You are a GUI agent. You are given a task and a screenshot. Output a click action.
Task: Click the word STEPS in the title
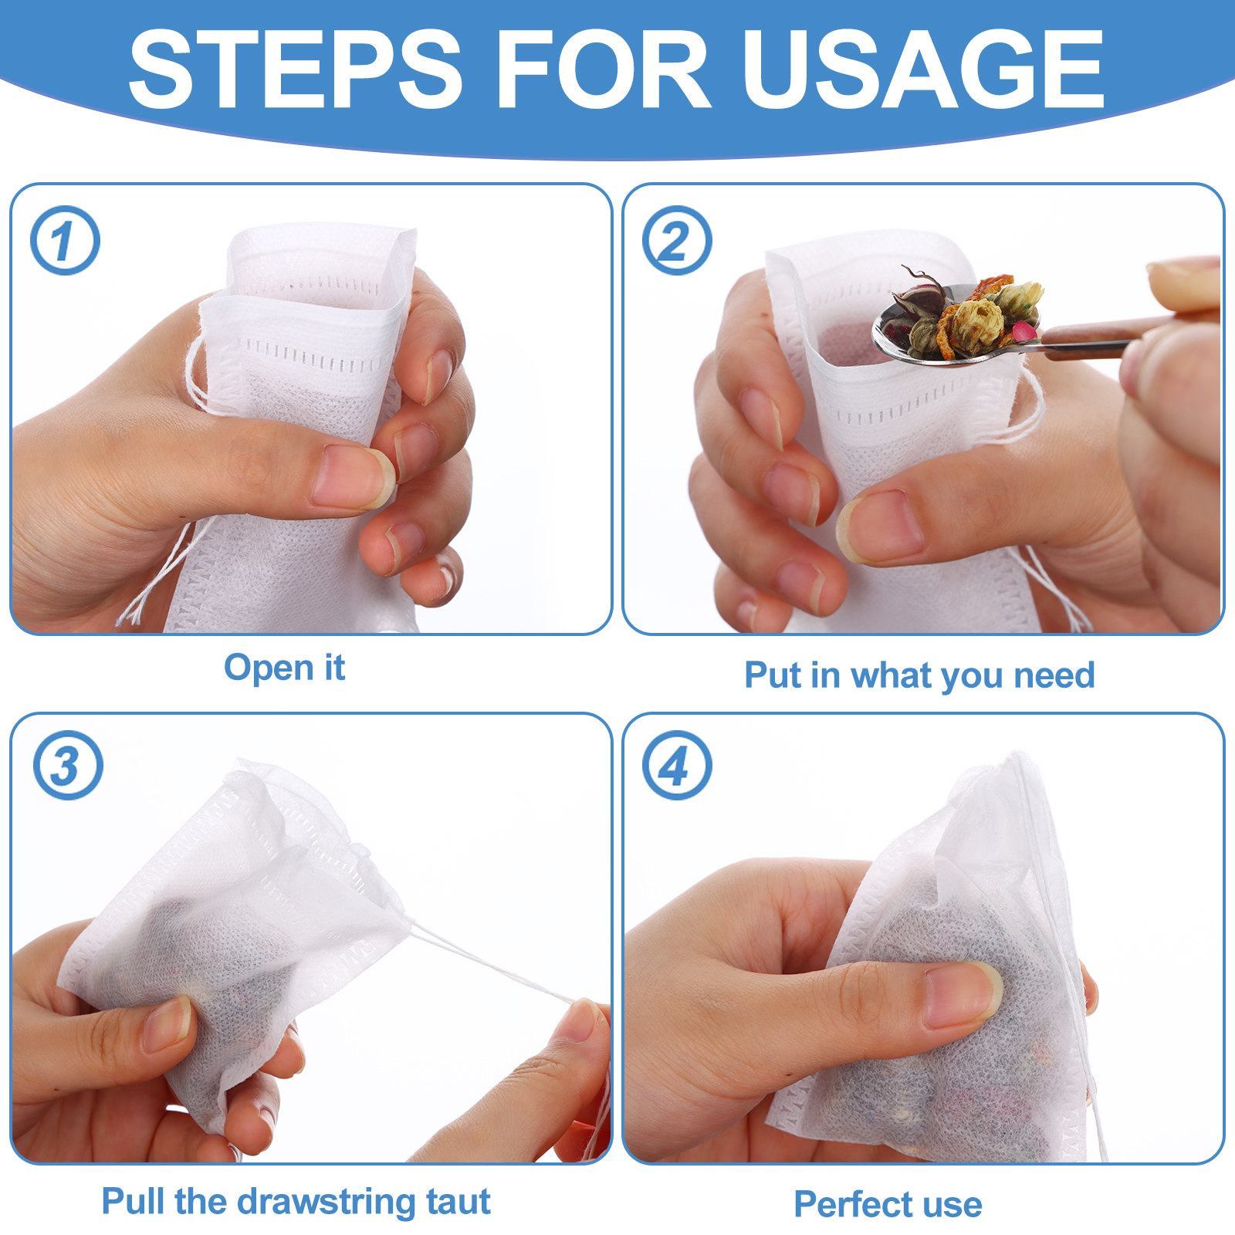(x=296, y=69)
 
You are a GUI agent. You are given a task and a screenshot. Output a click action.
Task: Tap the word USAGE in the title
(x=923, y=69)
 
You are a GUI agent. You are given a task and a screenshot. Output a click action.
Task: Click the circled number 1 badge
(x=65, y=240)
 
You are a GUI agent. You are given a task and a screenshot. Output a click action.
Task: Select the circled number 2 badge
(x=677, y=240)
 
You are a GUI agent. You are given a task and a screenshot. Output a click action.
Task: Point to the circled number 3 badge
(x=68, y=765)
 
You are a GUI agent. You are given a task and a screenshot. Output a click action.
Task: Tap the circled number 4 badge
(x=677, y=765)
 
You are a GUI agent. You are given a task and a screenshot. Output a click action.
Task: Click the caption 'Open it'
(x=284, y=668)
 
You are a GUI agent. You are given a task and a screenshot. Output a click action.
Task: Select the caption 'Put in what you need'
(x=919, y=675)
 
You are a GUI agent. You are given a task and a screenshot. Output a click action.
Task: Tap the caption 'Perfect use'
(x=888, y=1204)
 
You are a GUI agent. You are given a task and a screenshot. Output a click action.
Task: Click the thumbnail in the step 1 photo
(x=352, y=477)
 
